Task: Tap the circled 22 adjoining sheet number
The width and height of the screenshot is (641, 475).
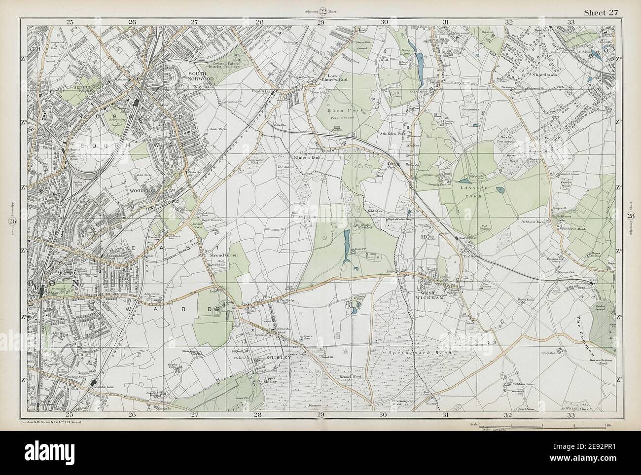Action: coord(323,12)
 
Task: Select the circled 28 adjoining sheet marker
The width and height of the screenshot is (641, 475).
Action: coord(631,216)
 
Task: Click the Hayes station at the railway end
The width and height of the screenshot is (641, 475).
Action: coord(591,285)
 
